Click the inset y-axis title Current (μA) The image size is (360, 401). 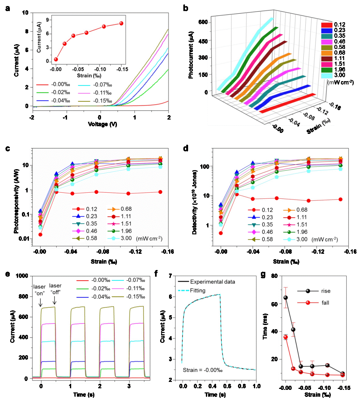point(39,38)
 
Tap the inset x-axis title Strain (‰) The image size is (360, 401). point(89,76)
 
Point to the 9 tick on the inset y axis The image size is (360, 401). point(47,20)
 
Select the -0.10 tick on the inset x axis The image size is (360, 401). point(101,69)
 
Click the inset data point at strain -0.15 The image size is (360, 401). point(121,23)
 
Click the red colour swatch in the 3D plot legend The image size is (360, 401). point(327,25)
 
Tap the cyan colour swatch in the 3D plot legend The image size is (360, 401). point(327,76)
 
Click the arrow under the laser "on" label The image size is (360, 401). point(40,302)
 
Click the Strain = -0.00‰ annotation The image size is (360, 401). point(202,370)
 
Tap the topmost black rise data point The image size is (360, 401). point(285,298)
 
